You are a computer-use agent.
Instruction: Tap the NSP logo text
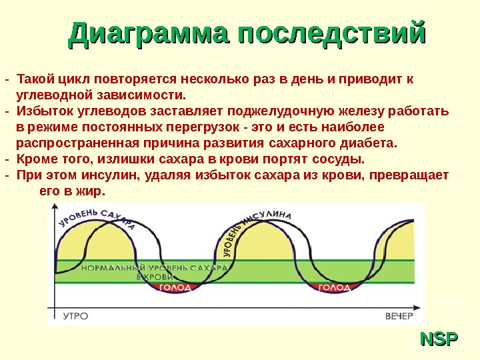tap(439, 339)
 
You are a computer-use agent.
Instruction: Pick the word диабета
tap(372, 143)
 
